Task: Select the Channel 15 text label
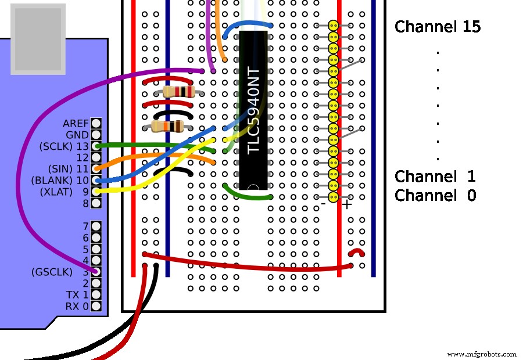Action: [438, 27]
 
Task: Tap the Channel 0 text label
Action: [435, 195]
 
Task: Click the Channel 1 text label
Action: [435, 177]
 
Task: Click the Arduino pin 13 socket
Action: [96, 146]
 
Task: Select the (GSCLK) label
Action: [52, 272]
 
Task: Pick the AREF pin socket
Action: [96, 123]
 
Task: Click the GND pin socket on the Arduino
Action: [96, 134]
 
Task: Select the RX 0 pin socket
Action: [96, 306]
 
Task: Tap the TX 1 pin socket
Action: [96, 294]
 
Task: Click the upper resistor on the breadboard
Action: [178, 92]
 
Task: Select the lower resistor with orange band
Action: [167, 127]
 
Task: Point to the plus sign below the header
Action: [347, 204]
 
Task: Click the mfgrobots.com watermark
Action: [482, 354]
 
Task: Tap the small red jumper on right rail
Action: [356, 253]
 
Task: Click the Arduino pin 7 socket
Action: [96, 226]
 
